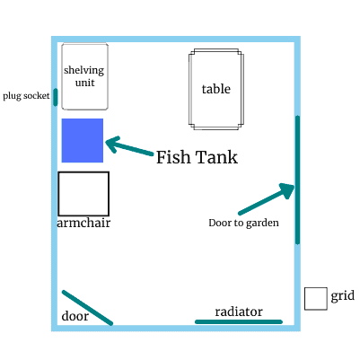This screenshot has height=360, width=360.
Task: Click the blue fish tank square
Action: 83,140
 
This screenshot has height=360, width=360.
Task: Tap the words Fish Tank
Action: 197,157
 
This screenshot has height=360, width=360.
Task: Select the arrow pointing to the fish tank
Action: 129,145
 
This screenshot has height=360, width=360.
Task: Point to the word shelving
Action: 83,70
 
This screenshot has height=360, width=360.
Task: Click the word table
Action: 216,89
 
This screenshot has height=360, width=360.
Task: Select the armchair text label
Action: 83,223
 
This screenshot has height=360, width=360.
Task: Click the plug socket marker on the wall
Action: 56,97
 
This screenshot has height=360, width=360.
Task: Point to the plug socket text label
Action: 26,96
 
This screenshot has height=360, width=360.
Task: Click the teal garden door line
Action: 297,180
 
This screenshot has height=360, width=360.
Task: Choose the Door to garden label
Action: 243,223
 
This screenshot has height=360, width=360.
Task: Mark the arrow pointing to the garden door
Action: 267,199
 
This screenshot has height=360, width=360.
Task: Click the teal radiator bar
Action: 239,321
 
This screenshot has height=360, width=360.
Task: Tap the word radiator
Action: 239,312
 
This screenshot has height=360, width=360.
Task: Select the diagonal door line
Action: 87,308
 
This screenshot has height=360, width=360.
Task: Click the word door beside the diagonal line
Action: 75,316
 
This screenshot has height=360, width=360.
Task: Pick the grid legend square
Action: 316,299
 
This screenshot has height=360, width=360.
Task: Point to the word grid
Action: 343,296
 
